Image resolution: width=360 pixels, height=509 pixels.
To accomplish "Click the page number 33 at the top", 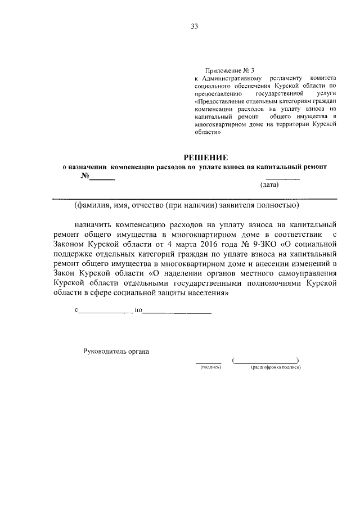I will tap(195, 26).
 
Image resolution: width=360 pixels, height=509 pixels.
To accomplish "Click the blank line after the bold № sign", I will tap(103, 179).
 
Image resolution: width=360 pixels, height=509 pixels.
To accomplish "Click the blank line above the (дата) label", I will tap(282, 178).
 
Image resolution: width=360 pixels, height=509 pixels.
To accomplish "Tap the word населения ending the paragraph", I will tap(204, 293).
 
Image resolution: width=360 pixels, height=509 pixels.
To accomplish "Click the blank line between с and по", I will tap(104, 311).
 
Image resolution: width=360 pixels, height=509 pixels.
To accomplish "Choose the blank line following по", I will tap(177, 311).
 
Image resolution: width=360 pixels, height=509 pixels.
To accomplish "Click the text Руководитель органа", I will tap(116, 352).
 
